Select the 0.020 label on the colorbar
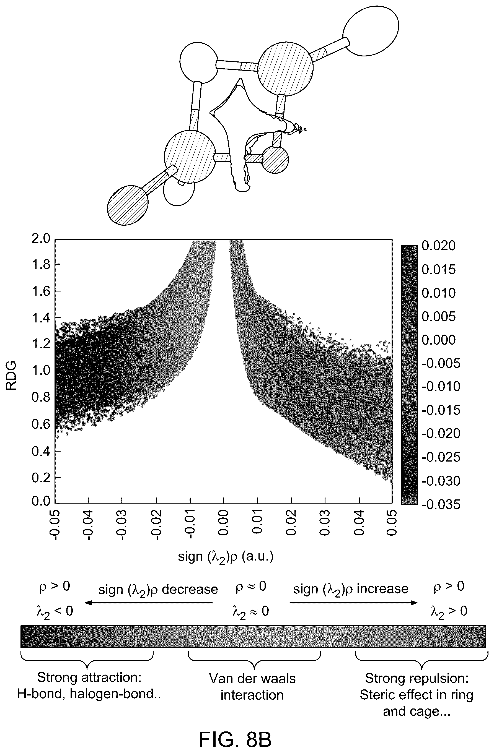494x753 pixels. click(x=439, y=246)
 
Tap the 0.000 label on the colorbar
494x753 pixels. click(x=439, y=340)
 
